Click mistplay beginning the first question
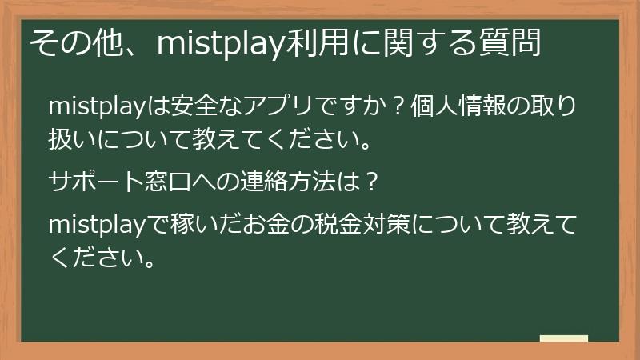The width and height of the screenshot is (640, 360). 95,106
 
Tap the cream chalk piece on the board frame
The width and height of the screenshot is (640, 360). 563,338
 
